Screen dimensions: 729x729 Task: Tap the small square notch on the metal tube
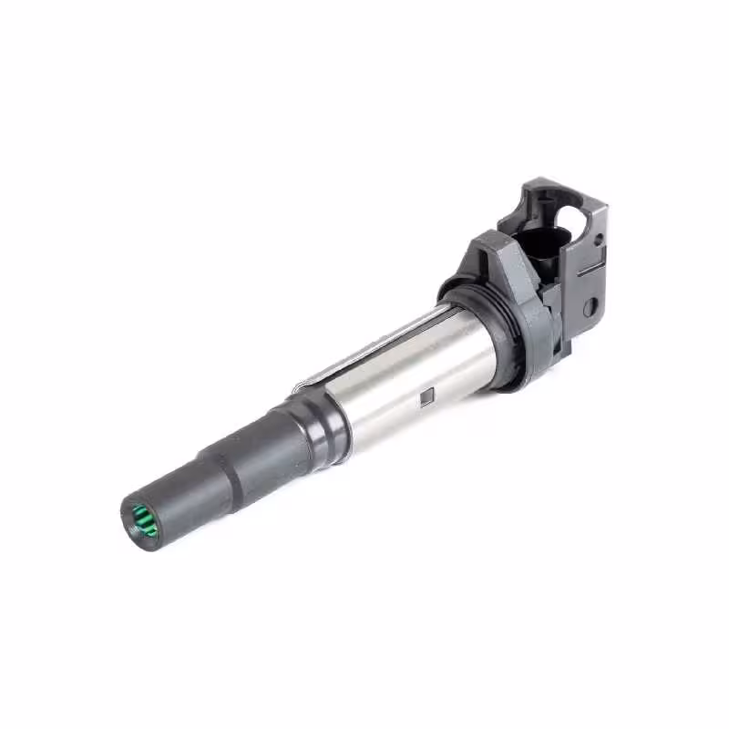point(425,395)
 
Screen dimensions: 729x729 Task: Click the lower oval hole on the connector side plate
point(590,306)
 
